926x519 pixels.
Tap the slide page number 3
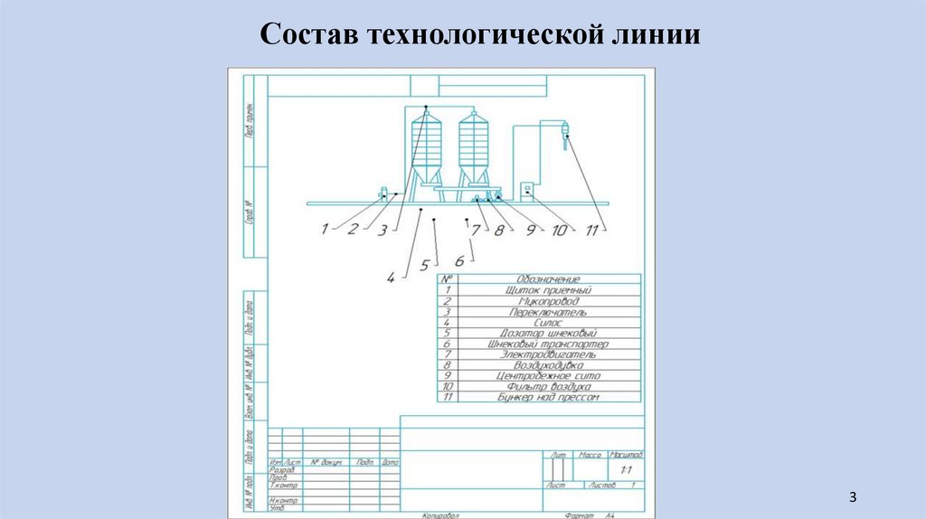pyautogui.click(x=852, y=498)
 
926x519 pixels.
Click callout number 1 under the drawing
pyautogui.click(x=324, y=230)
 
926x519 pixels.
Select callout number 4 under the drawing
pyautogui.click(x=391, y=278)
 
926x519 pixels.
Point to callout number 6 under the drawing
pyautogui.click(x=459, y=260)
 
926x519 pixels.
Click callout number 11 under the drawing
pyautogui.click(x=592, y=231)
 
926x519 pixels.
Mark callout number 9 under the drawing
pyautogui.click(x=532, y=231)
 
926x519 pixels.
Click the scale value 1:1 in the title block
pyautogui.click(x=625, y=472)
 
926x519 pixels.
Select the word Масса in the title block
pyautogui.click(x=591, y=454)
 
